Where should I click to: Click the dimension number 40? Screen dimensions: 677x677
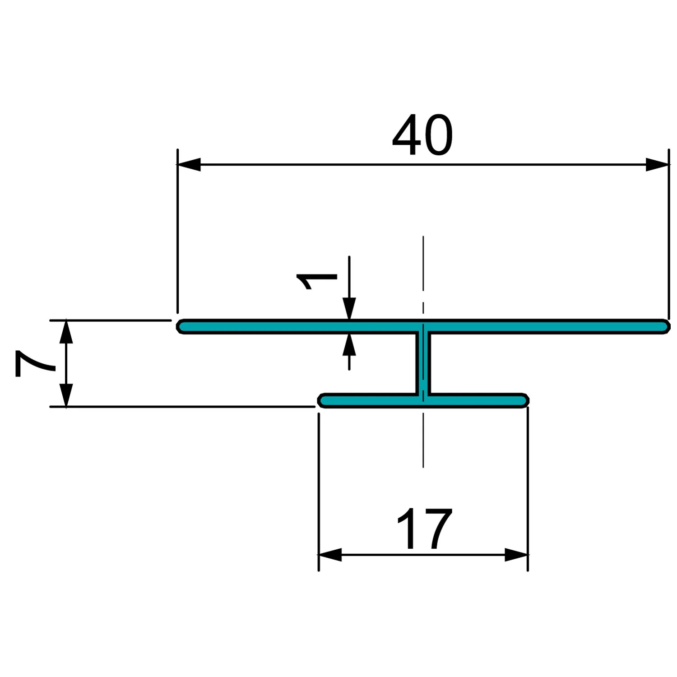422,134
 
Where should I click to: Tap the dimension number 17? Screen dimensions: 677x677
424,529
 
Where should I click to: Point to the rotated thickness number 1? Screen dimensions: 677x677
316,281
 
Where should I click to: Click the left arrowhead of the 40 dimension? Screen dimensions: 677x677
189,164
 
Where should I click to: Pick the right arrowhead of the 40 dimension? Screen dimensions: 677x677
657,164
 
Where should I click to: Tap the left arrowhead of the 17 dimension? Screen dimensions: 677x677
330,555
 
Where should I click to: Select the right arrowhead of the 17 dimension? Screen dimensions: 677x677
516,555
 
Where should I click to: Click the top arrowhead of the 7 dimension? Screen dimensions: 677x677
66,331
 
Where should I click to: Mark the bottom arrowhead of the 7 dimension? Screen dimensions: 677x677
66,395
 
